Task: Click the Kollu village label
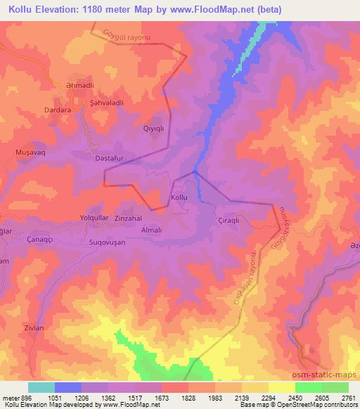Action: pyautogui.click(x=179, y=198)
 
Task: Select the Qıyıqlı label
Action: pyautogui.click(x=153, y=129)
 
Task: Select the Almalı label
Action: pyautogui.click(x=152, y=230)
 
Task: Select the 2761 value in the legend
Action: pyautogui.click(x=349, y=396)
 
